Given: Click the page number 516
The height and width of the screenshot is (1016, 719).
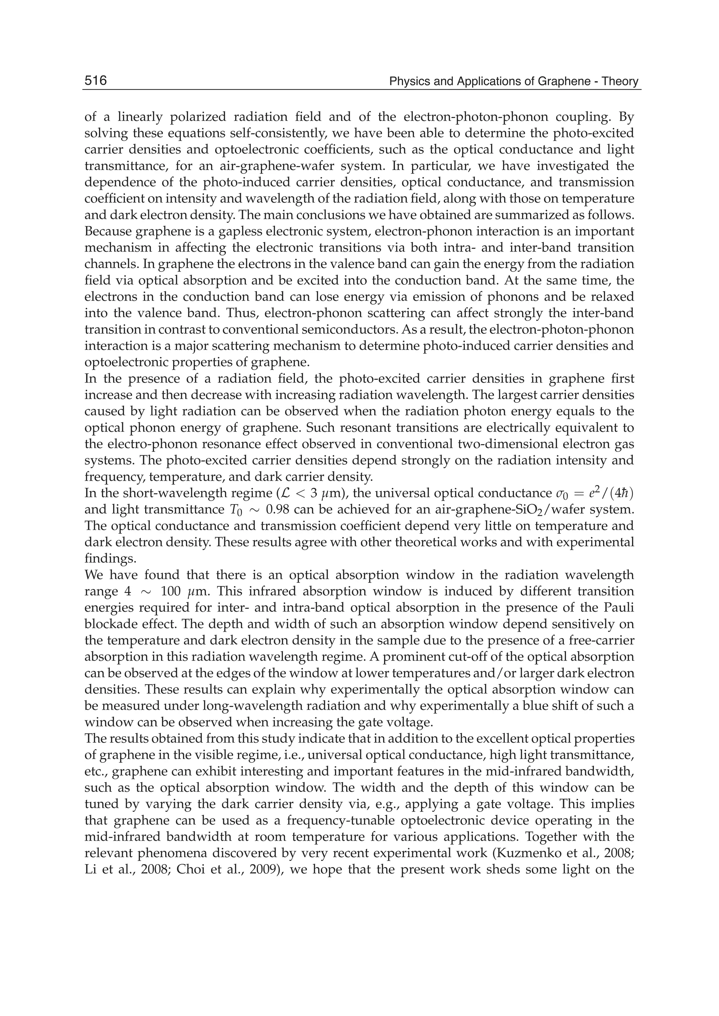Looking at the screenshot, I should coord(95,81).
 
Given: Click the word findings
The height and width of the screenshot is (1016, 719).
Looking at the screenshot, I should coord(109,559).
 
